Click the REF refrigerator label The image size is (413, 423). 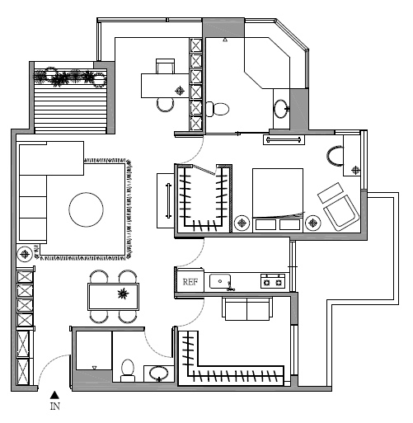pos(190,282)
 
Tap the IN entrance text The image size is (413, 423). pos(55,406)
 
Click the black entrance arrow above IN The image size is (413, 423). pos(54,395)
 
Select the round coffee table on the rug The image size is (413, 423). pos(86,209)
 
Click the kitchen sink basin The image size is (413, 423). pos(220,281)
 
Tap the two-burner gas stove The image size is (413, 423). pos(273,281)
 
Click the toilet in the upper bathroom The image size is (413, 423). pos(218,109)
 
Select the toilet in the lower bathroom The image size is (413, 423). pos(128,370)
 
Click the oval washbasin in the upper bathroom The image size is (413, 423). pos(281,109)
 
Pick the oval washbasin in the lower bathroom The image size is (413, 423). pos(159,374)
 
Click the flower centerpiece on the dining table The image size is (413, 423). pos(123,294)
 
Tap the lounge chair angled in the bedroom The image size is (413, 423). pos(338,206)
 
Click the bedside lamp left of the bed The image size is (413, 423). pos(242,223)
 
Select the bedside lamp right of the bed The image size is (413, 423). pos(313,223)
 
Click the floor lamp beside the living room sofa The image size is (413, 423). pos(25,254)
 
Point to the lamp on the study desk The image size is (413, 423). pos(180,91)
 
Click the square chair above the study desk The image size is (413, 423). pos(165,66)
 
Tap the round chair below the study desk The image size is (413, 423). pos(166,105)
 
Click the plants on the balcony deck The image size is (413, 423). pos(70,77)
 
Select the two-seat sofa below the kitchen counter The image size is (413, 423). pos(247,308)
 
